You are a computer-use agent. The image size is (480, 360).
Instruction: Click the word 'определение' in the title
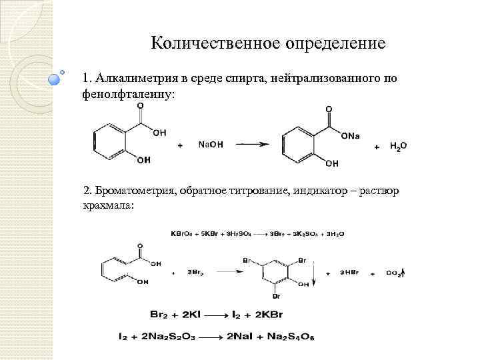[x=335, y=45]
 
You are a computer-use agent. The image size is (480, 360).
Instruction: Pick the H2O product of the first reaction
[x=399, y=145]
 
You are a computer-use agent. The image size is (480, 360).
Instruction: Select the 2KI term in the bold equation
[x=203, y=313]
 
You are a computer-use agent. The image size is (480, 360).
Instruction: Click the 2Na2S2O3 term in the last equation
[x=173, y=336]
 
